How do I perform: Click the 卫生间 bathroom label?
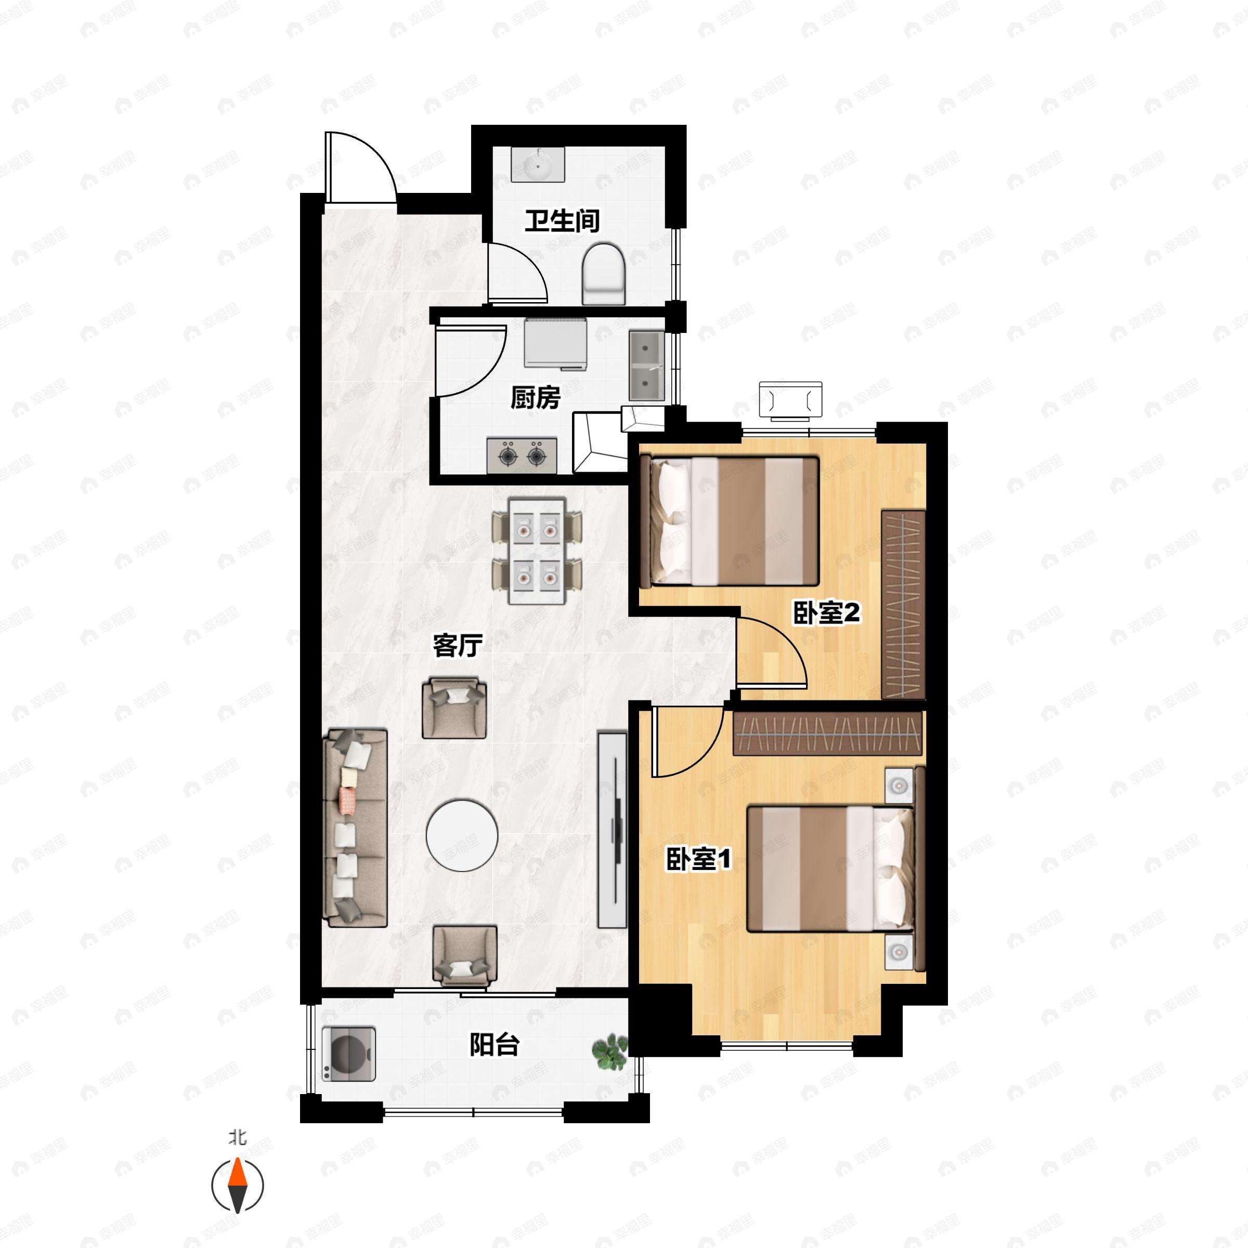pos(562,220)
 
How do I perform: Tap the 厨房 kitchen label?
pos(535,397)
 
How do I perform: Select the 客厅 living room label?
pos(458,645)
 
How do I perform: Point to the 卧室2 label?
pos(826,613)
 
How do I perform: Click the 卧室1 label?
pos(698,859)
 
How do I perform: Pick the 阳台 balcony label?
pos(494,1045)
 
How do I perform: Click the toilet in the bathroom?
pos(604,274)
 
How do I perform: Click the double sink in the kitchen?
pos(646,366)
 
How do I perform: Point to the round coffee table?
pos(462,835)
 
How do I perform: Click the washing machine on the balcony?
pos(349,1054)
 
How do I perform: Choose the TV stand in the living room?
pos(612,829)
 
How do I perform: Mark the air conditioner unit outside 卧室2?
pos(790,400)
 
